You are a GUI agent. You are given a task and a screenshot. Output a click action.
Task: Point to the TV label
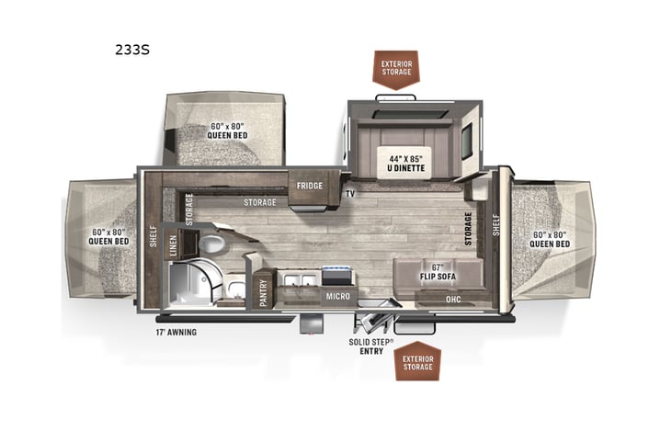(x=350, y=194)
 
